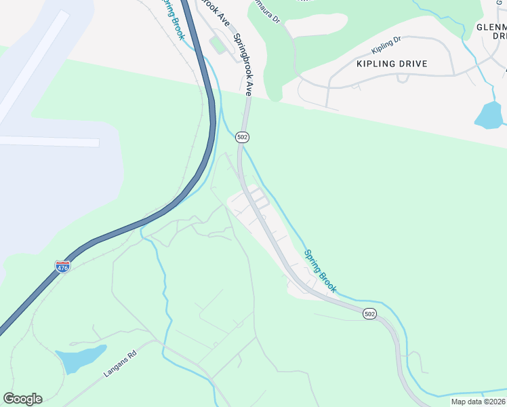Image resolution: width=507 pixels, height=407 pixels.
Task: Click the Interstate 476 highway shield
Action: click(62, 267)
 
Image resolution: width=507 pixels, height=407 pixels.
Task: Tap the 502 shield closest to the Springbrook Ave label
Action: click(243, 137)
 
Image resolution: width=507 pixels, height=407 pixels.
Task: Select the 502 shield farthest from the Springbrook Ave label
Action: click(369, 313)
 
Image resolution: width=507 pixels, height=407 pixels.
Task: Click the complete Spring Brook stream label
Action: click(320, 271)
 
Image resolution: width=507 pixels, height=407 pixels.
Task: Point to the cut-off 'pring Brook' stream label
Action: click(173, 19)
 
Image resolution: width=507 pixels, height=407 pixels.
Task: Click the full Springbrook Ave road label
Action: click(243, 64)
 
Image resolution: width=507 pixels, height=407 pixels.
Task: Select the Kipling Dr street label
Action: click(386, 46)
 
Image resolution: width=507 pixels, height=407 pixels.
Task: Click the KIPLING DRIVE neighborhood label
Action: click(392, 64)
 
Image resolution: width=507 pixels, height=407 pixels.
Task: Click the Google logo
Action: click(22, 398)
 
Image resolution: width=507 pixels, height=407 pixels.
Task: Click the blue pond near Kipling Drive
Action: click(489, 115)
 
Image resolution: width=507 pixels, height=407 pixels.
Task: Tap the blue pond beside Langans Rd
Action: click(80, 358)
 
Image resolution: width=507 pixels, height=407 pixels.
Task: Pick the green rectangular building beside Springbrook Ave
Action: click(218, 46)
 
